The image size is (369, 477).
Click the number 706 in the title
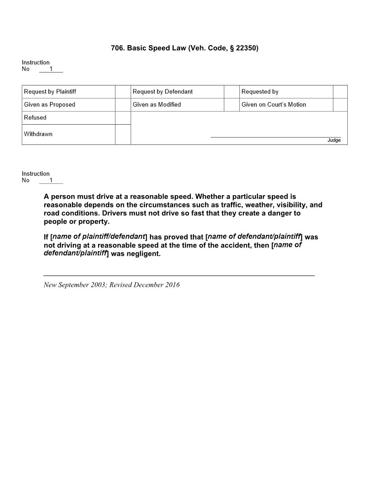[x=117, y=48]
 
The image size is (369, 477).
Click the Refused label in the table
[x=35, y=117]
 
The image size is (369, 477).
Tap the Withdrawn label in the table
[x=38, y=134]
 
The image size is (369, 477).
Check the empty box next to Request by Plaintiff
[x=123, y=92]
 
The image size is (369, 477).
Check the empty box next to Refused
[x=123, y=118]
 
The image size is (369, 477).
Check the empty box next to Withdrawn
[x=123, y=135]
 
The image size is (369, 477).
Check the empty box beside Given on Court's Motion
[x=340, y=105]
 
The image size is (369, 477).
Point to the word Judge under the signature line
[x=334, y=140]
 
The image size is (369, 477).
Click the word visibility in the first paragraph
[x=289, y=205]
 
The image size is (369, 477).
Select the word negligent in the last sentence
[x=145, y=254]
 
